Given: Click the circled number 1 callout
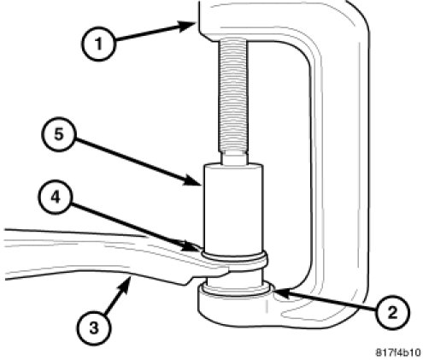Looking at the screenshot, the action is tap(98, 44).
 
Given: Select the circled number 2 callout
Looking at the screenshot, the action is tap(392, 312).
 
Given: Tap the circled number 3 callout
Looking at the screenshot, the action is tap(94, 328).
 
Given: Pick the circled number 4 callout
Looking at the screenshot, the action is tap(56, 197).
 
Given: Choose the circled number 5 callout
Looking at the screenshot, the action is tap(58, 134).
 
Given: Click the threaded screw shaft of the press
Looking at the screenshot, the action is tap(233, 96).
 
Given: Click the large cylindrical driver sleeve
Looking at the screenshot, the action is tap(233, 207).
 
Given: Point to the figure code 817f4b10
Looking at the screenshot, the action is tap(398, 352).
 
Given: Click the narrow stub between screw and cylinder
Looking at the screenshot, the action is tap(233, 159).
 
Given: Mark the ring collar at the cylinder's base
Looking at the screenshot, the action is tap(234, 257).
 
